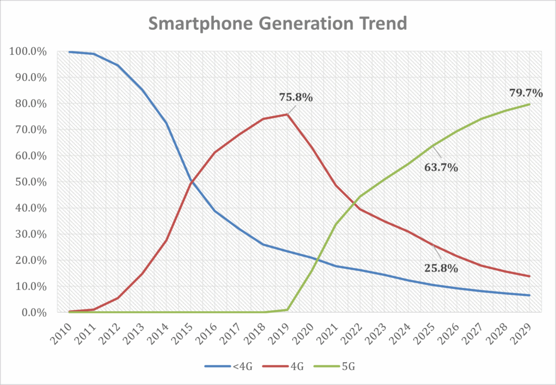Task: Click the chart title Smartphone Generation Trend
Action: tap(277, 24)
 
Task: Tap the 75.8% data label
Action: tap(295, 98)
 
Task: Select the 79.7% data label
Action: tap(526, 93)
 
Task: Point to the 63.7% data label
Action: tap(441, 167)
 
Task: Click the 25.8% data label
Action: tap(441, 268)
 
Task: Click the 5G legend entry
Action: tap(340, 367)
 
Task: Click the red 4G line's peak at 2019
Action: tap(287, 115)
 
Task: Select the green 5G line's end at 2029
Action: tap(529, 104)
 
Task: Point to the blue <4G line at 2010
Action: tap(69, 52)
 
